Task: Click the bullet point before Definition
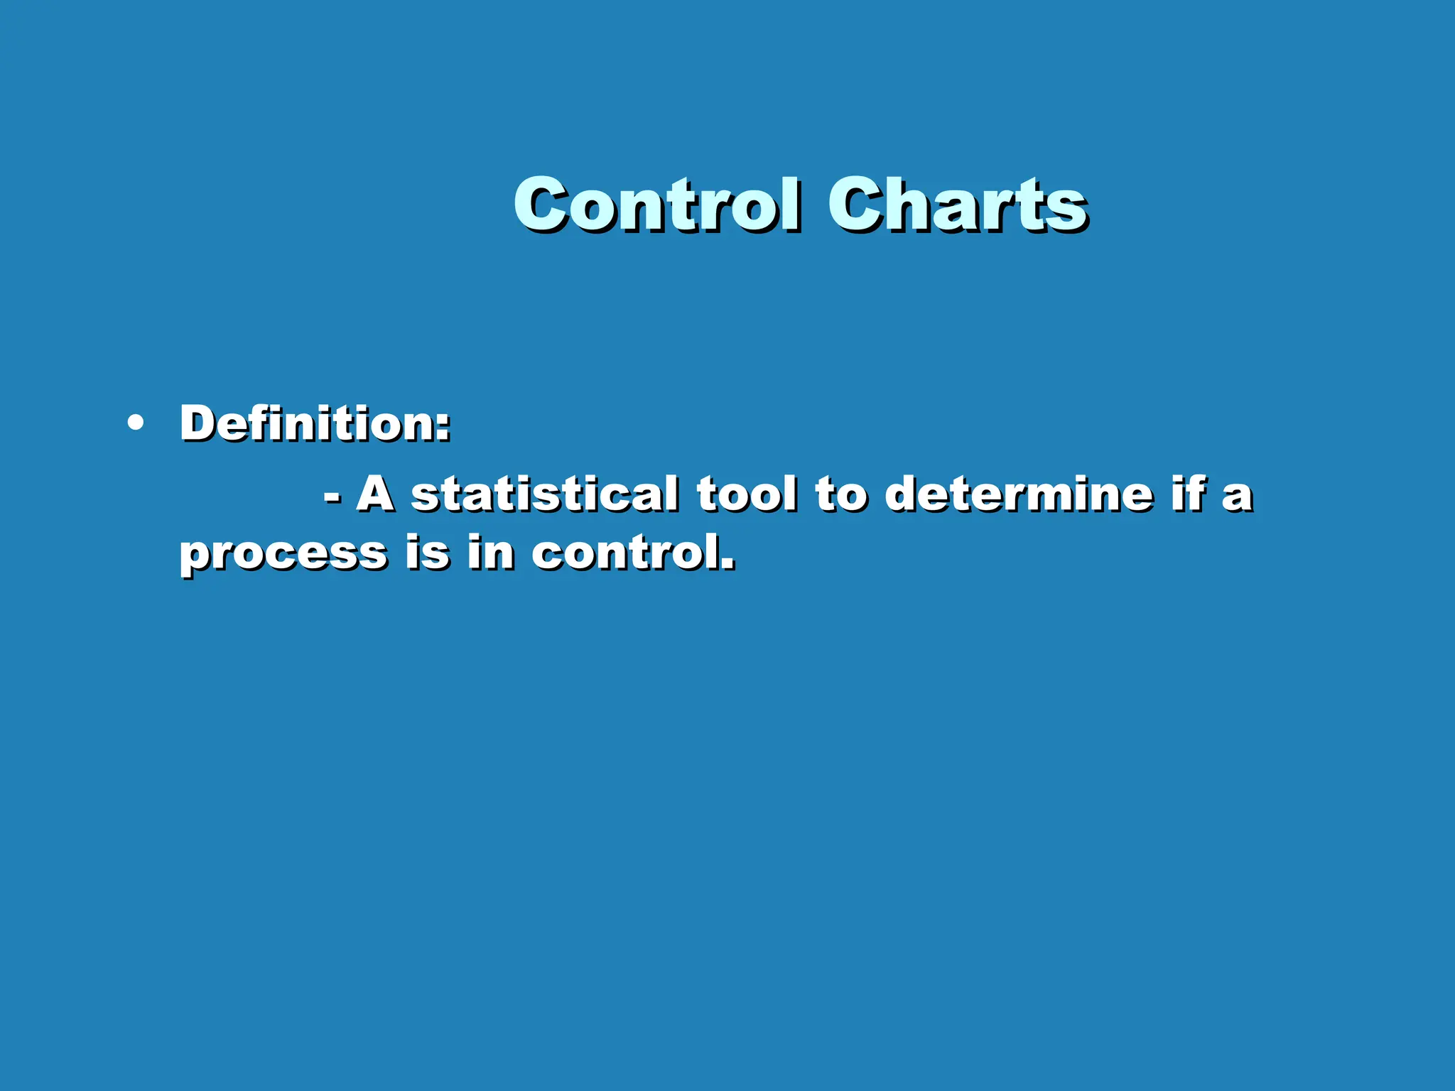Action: coord(135,424)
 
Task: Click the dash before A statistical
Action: coord(332,498)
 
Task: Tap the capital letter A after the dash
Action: coord(375,494)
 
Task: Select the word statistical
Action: coord(545,494)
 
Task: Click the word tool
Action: coord(746,494)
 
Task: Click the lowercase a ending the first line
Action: coord(1237,498)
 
